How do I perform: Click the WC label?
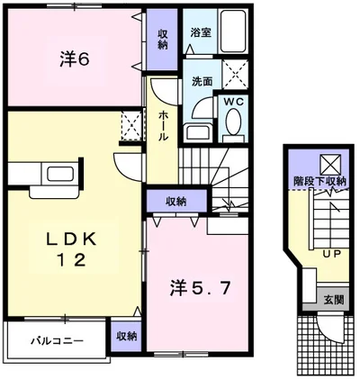(231, 101)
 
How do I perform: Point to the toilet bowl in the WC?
(231, 127)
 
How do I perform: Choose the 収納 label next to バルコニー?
(127, 336)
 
